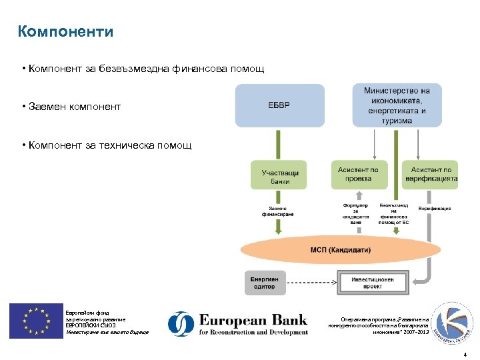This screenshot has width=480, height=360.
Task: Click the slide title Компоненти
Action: (x=66, y=31)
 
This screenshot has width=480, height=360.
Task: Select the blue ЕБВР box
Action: (x=279, y=105)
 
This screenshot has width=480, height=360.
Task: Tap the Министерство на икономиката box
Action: (x=397, y=105)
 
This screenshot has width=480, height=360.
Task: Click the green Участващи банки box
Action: (x=279, y=177)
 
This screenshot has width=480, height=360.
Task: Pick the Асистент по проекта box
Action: (x=358, y=174)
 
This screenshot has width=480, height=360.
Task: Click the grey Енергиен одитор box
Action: (x=264, y=282)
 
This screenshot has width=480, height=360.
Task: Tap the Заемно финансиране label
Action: (x=277, y=211)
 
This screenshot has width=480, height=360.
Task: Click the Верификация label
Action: (x=434, y=208)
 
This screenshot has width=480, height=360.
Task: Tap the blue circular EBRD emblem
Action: (x=181, y=324)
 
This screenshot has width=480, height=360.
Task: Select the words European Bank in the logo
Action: (x=253, y=319)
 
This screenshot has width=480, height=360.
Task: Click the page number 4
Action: (x=465, y=346)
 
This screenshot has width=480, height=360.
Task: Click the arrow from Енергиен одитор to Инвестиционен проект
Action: (x=313, y=282)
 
